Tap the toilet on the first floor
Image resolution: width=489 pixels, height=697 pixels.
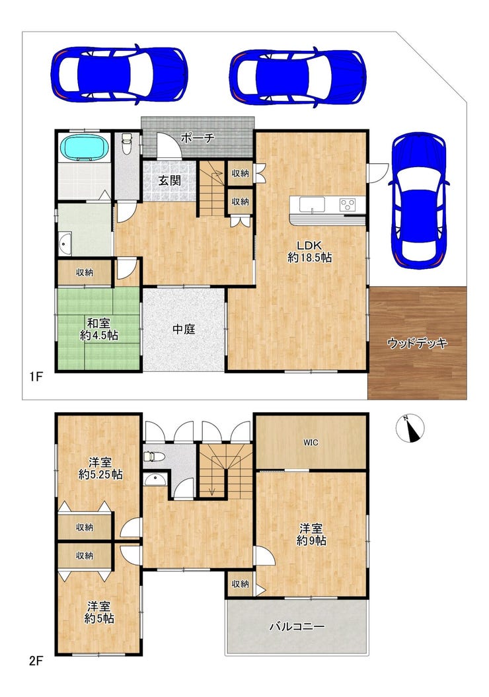pos(127,143)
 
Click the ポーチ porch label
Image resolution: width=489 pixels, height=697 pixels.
pos(198,137)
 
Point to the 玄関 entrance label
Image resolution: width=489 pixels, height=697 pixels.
pos(169,180)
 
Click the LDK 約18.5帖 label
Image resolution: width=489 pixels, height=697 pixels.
pos(309,252)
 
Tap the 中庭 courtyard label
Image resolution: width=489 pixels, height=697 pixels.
pos(184,330)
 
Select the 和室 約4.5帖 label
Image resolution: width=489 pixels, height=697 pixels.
pos(98,329)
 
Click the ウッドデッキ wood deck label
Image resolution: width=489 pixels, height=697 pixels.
pos(417,343)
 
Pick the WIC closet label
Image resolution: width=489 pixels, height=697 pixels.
pos(311,442)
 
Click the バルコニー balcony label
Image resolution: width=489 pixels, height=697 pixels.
pos(297,627)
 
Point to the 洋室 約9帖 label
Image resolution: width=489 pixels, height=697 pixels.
pos(311,534)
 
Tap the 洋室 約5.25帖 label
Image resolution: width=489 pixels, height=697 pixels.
pos(100,468)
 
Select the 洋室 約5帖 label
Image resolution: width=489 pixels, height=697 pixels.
pos(98,612)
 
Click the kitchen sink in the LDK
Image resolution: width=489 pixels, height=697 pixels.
pos(312,205)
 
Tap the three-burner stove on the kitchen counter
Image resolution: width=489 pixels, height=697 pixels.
pos(347,205)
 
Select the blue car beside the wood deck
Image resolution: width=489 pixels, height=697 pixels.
pos(419,200)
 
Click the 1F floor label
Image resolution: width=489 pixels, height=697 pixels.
pos(36,377)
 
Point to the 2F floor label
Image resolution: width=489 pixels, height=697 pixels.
pos(36,661)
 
